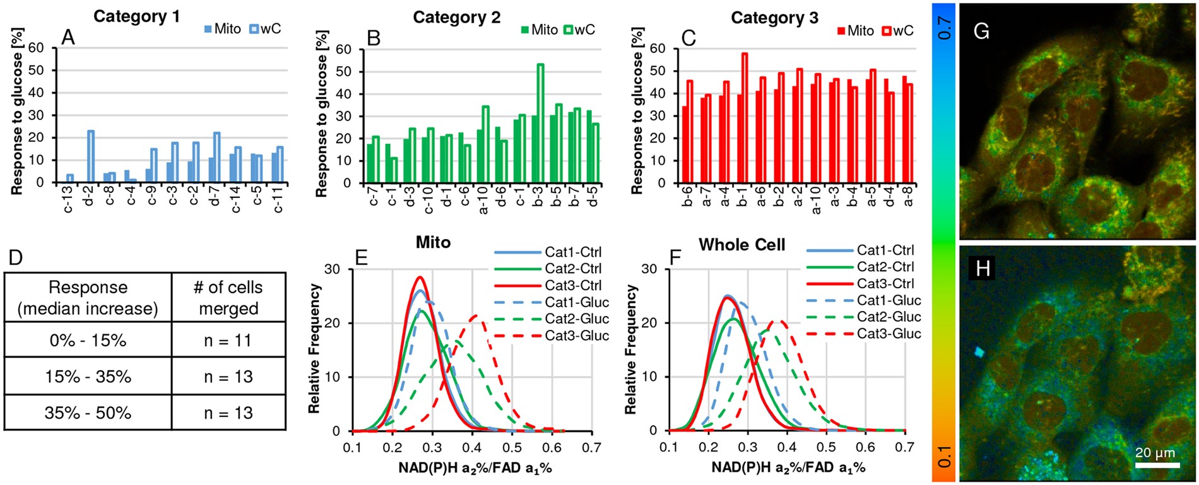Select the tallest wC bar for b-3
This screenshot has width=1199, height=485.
[x=540, y=123]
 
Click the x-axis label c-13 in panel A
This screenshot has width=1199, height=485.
[x=69, y=199]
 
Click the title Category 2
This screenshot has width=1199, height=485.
[x=456, y=18]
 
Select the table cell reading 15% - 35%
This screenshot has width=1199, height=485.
[x=88, y=377]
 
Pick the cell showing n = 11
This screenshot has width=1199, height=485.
[x=228, y=341]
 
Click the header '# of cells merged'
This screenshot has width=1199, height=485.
[x=228, y=298]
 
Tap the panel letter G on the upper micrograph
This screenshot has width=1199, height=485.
[x=981, y=32]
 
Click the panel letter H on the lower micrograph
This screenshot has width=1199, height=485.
[x=983, y=269]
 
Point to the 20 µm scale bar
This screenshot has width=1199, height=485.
[x=1157, y=465]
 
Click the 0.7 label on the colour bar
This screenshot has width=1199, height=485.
[x=945, y=28]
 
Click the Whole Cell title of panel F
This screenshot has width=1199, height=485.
[x=741, y=245]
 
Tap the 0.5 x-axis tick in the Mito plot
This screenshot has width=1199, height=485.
[x=512, y=448]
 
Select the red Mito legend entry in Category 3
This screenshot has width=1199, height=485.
[x=856, y=31]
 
